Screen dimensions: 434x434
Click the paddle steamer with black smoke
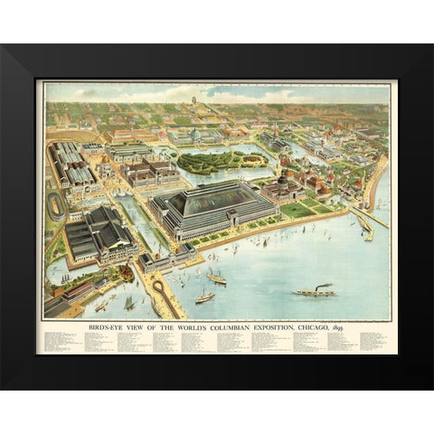coord(314,291)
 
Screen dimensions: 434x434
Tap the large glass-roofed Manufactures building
coord(214,206)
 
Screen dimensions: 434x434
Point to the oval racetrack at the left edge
coord(56,205)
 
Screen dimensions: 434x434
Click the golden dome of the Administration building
coord(107,168)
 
